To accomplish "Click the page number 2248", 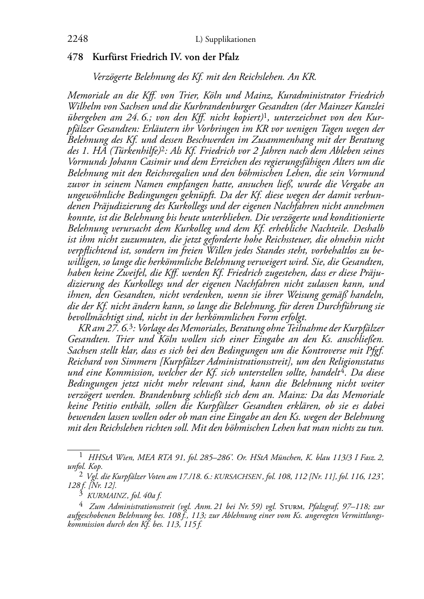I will (x=78, y=40).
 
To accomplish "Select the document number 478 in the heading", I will (x=76, y=57).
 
